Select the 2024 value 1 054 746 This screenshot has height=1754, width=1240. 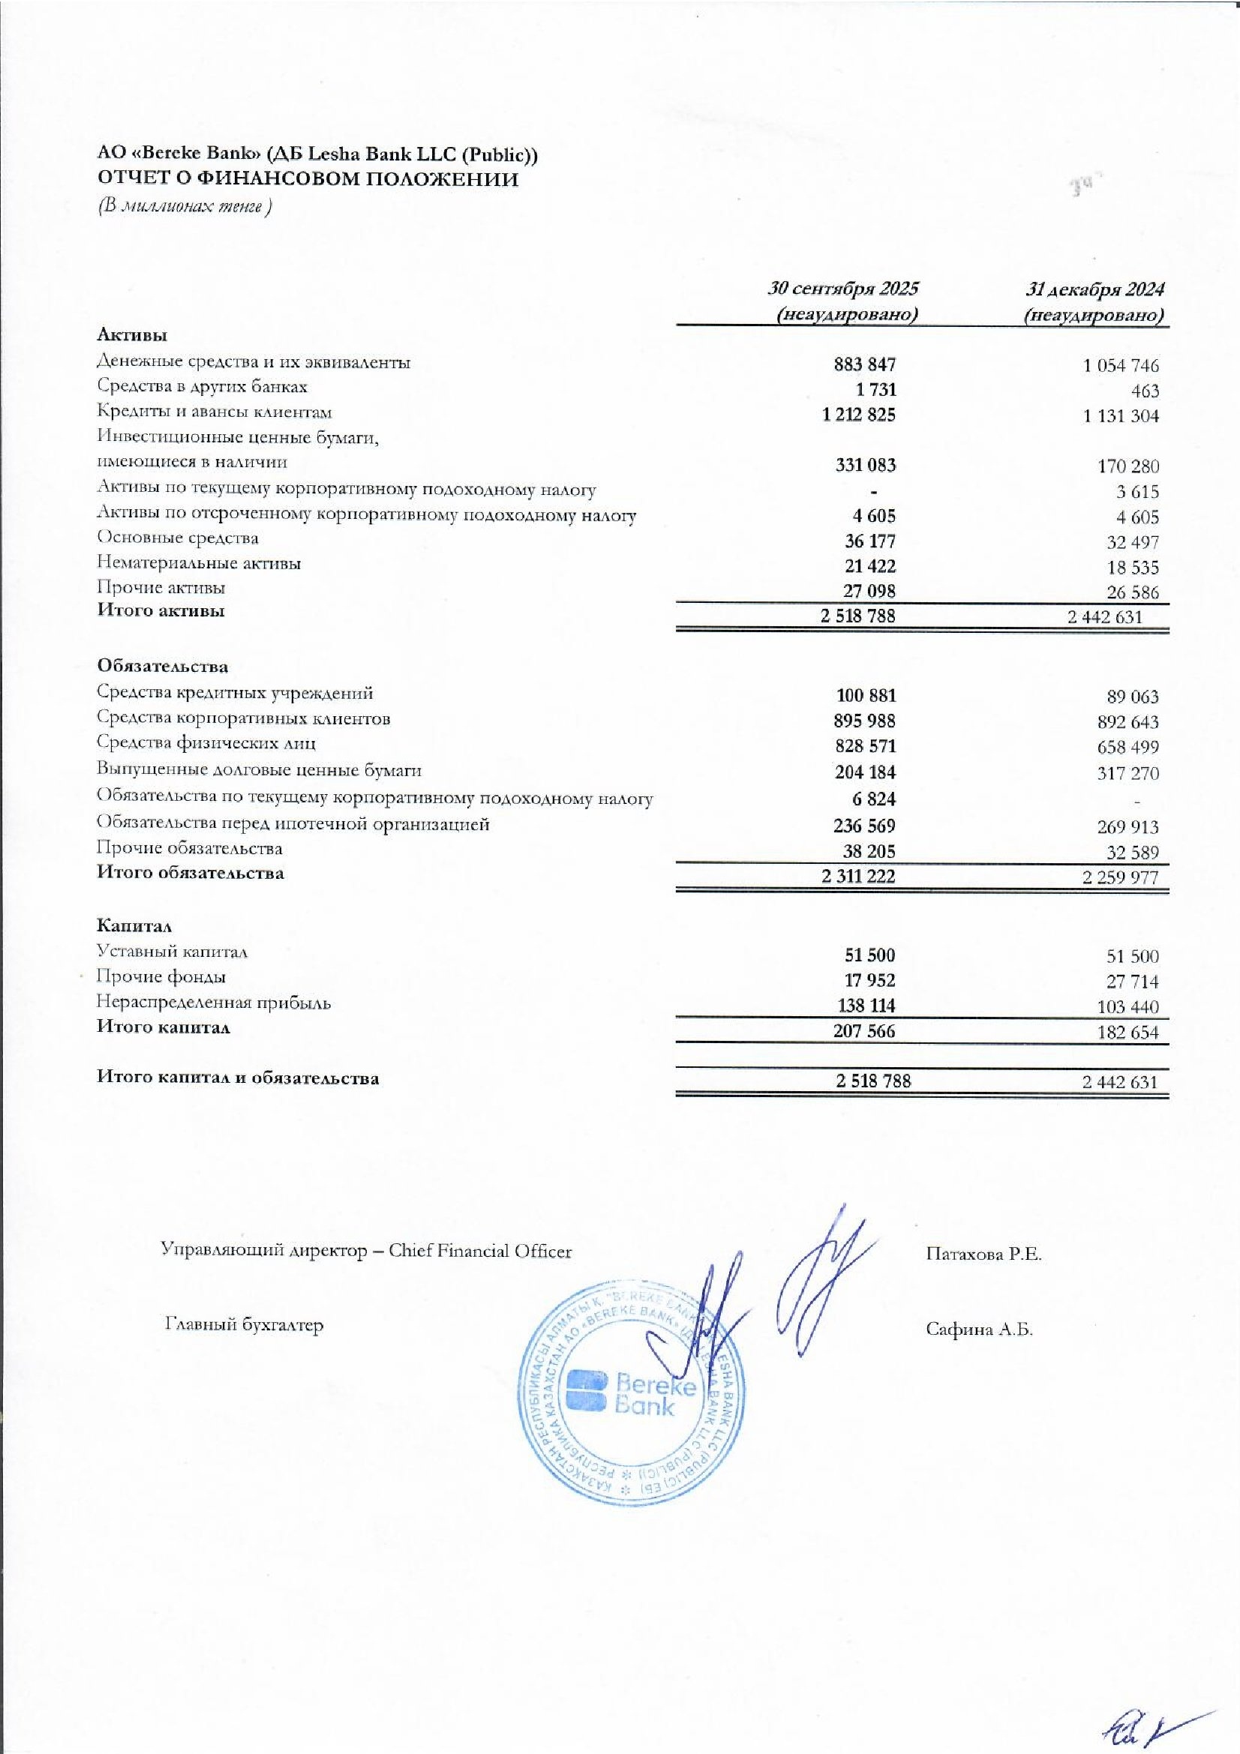coord(1120,366)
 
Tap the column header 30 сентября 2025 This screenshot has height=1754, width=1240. coord(843,289)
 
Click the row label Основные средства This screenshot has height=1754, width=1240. coord(178,538)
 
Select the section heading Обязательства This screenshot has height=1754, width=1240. coord(162,666)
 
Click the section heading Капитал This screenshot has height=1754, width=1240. coord(134,926)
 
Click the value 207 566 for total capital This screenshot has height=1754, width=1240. coord(864,1031)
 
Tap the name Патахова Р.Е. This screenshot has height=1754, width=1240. coord(983,1255)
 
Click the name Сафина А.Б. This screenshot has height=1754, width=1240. coord(979,1330)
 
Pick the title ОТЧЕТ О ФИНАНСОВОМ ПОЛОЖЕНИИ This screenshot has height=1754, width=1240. coord(307,179)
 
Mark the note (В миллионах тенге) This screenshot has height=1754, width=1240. coord(184,207)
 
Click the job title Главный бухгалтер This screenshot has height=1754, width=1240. coord(245,1324)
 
